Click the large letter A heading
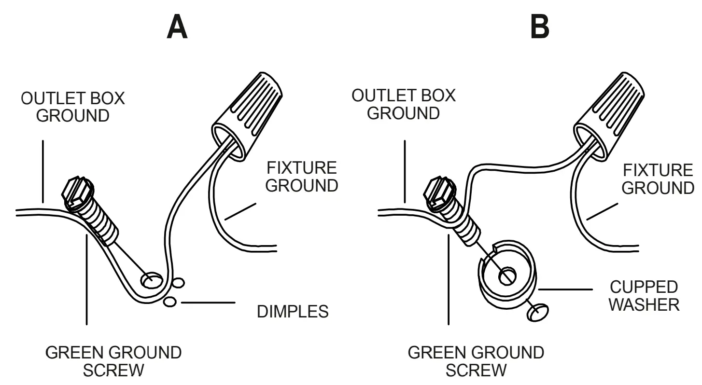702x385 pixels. pos(177,28)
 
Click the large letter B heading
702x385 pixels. pos(539,28)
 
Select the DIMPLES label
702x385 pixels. pos(293,312)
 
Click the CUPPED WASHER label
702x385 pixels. pos(644,296)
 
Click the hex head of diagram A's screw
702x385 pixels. pos(77,192)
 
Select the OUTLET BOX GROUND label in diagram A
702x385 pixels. pos(73,107)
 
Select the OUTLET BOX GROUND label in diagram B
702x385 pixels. pos(403,104)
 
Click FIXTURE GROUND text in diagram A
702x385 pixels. pos(302,177)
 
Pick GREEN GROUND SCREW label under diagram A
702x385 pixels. pos(113,361)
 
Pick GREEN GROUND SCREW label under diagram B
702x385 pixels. pos(476,361)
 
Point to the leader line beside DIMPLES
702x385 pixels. pos(208,303)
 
